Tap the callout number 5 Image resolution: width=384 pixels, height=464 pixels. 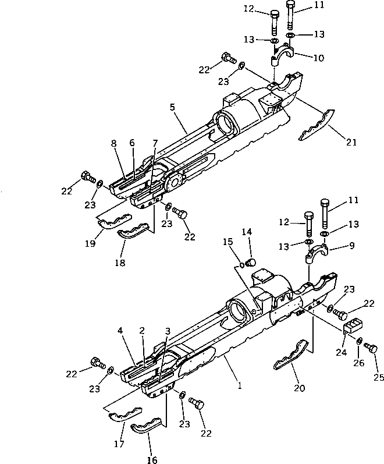click(172, 107)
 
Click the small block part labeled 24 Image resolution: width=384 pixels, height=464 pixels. click(354, 327)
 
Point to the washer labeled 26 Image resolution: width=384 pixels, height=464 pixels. click(360, 341)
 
